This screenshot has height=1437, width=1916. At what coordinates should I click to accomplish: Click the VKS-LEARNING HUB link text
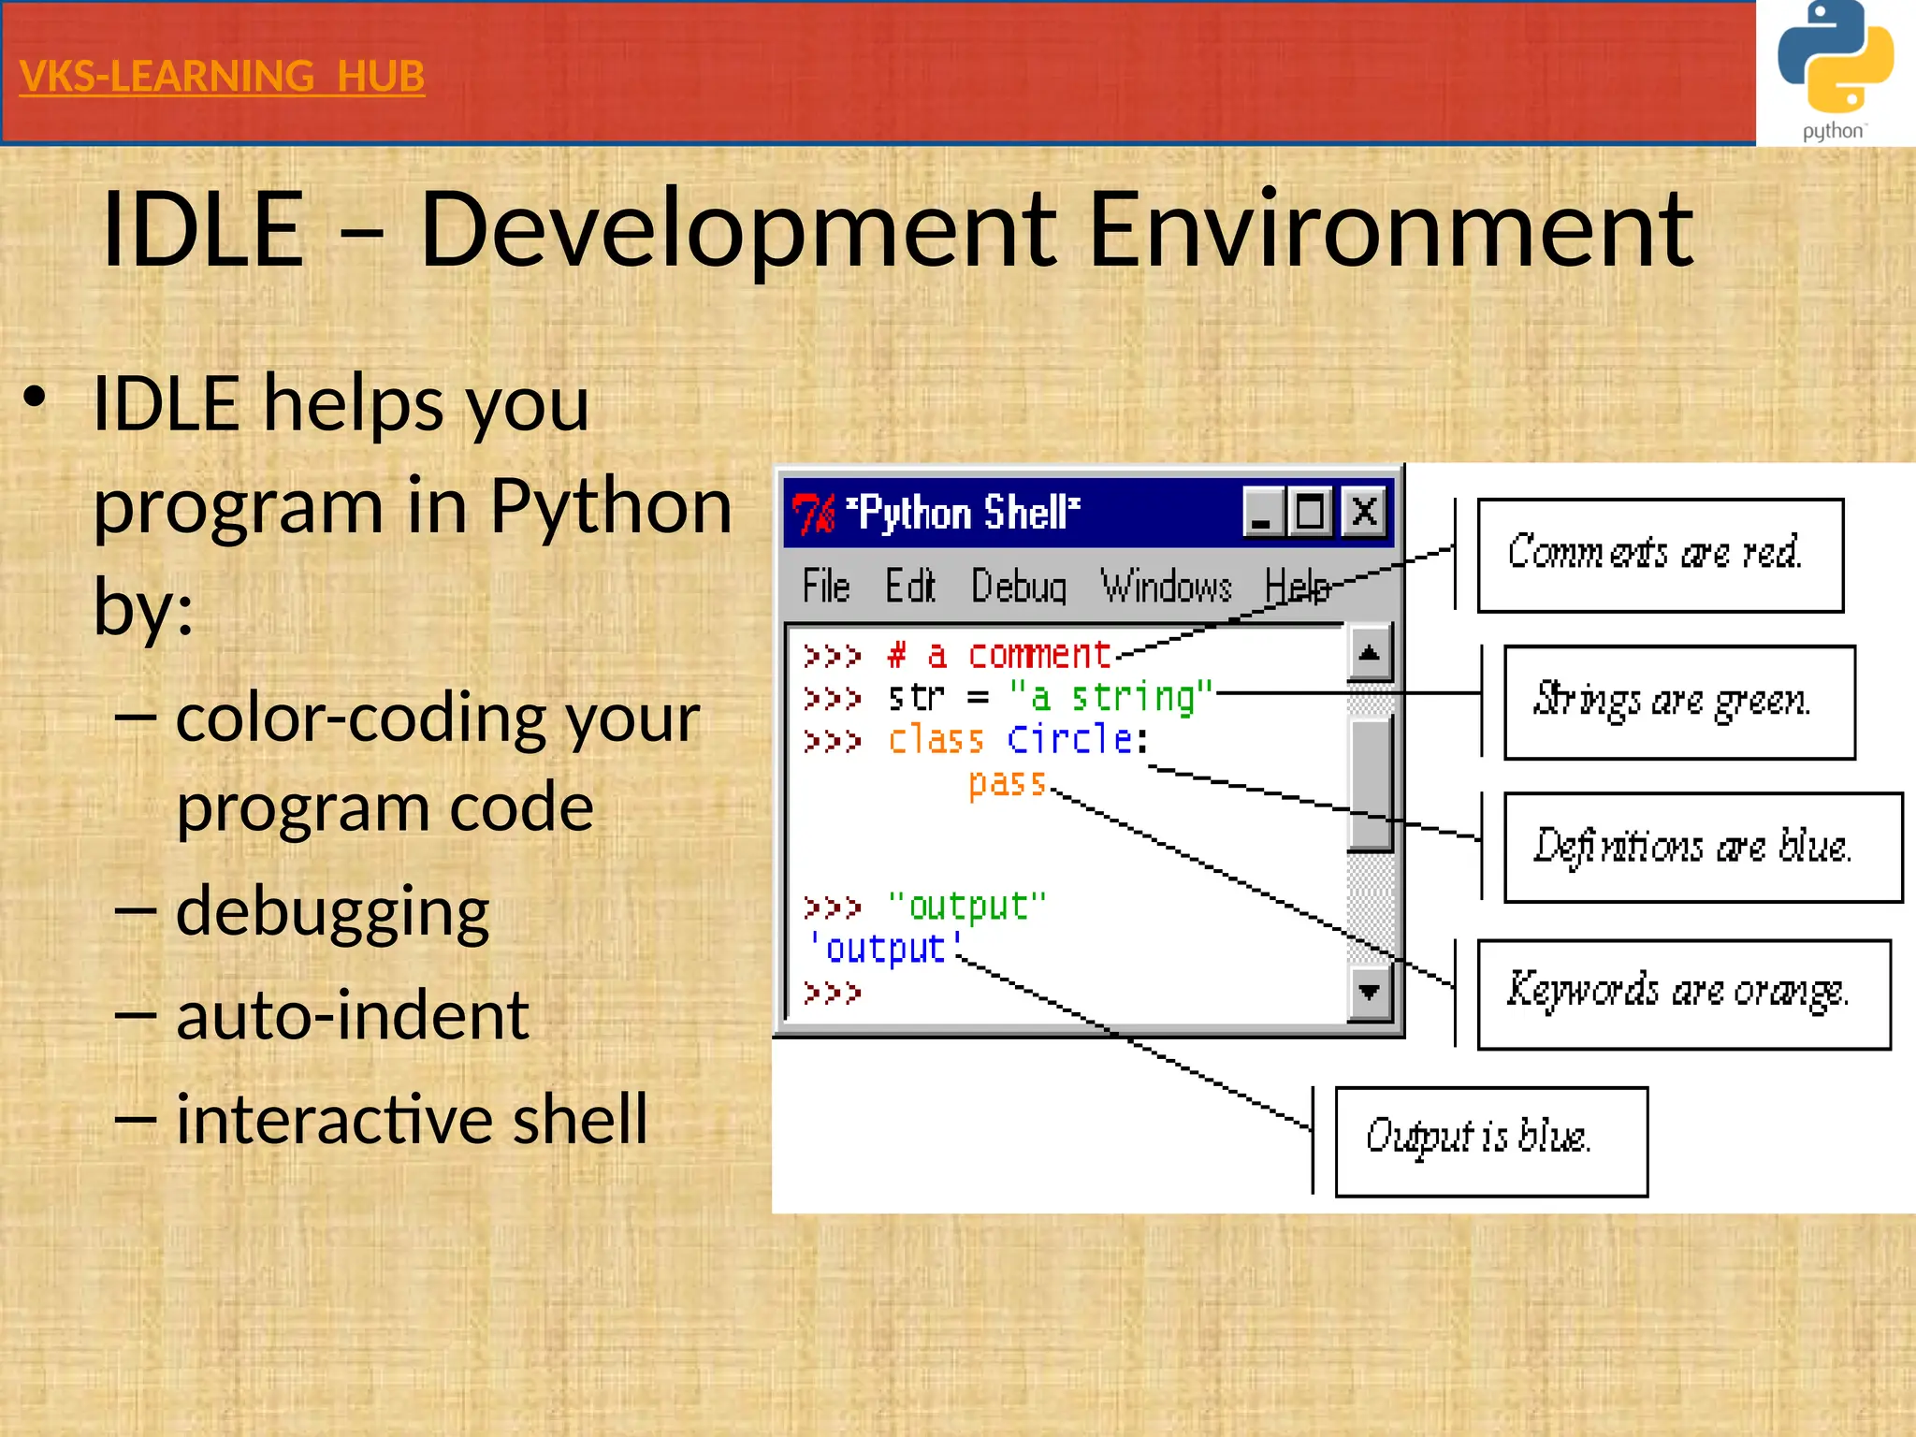pos(222,77)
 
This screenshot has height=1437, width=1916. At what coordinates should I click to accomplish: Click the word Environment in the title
pos(1390,230)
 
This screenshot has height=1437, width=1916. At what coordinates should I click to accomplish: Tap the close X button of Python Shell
pos(1364,512)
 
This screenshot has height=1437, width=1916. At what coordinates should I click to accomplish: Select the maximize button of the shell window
pos(1310,512)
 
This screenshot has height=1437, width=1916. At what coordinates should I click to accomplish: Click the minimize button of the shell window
pos(1262,512)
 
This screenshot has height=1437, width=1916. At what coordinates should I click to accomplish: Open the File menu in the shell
pos(825,588)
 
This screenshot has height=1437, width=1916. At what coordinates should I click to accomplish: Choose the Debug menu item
pos(1018,588)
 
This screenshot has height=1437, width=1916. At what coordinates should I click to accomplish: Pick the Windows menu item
pos(1165,588)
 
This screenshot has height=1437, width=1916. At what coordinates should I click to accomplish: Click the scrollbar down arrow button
pos(1369,992)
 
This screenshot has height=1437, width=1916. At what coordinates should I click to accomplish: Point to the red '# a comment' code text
pos(998,654)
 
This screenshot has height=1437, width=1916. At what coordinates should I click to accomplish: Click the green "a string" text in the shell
pos(1110,697)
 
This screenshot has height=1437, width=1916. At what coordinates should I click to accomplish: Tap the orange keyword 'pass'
pos(1007,782)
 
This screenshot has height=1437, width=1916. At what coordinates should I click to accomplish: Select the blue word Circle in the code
pos(1070,739)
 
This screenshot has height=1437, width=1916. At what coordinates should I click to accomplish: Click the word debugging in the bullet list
pos(332,912)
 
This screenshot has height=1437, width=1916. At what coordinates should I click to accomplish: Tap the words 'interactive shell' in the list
pos(412,1119)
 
